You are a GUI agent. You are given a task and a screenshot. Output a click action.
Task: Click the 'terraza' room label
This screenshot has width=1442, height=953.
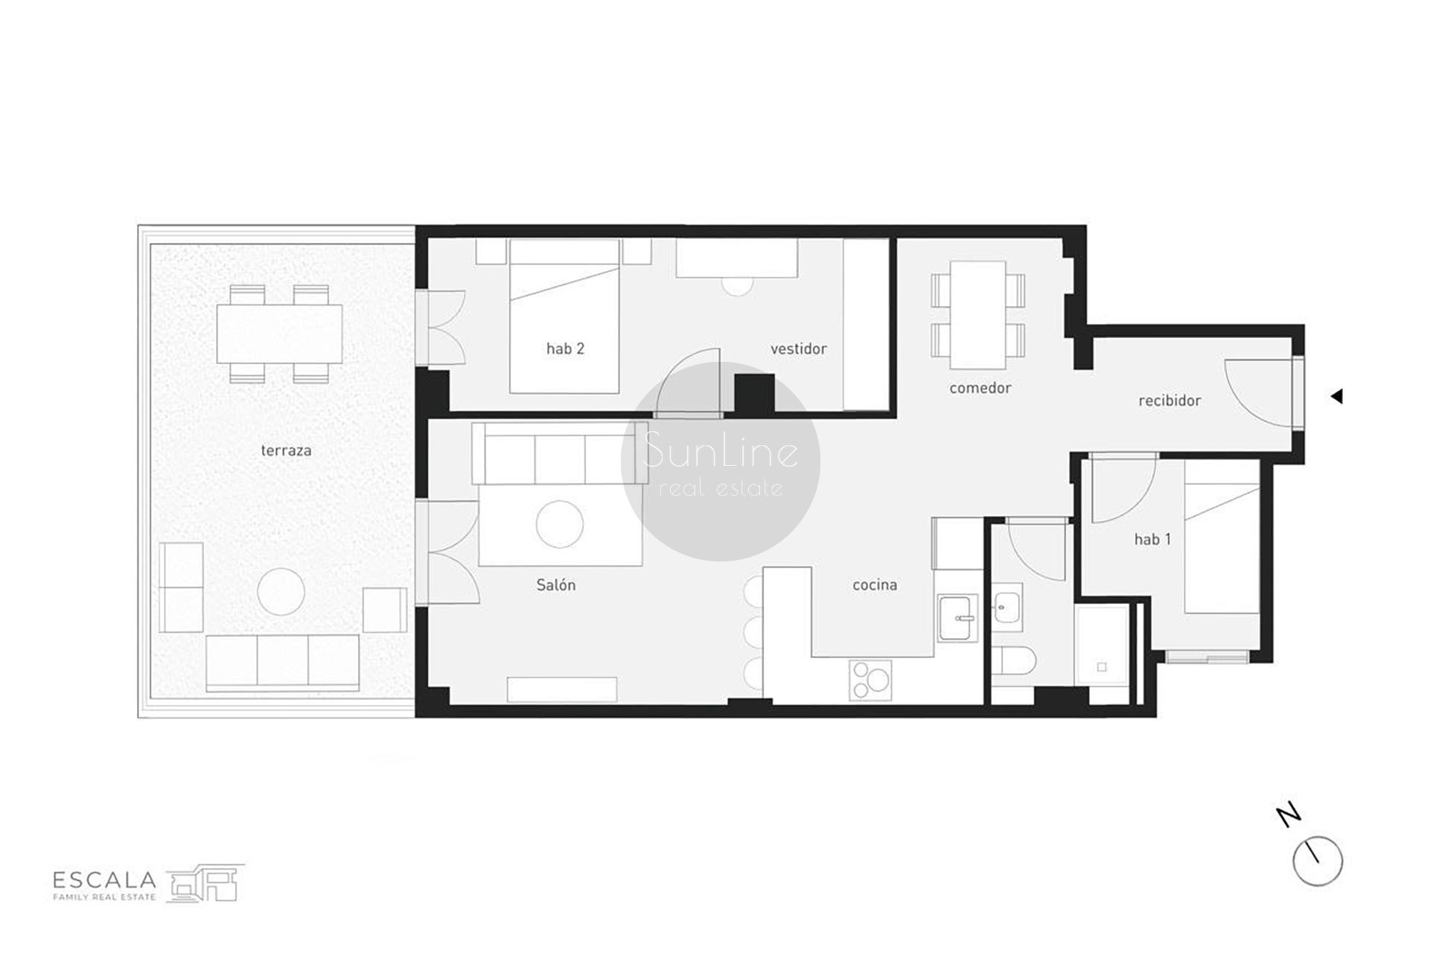click(286, 450)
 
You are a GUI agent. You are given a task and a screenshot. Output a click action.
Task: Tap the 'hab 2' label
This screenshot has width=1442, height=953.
click(565, 348)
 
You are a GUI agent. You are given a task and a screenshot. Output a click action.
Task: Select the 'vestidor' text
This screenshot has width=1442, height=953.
click(798, 348)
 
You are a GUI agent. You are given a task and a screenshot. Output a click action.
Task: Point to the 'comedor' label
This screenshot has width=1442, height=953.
click(980, 388)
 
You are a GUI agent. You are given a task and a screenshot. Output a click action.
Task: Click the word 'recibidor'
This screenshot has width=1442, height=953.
click(1170, 401)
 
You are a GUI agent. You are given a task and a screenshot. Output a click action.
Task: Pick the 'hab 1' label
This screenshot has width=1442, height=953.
click(1152, 539)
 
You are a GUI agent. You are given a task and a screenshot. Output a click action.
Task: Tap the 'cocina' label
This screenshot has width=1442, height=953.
click(875, 585)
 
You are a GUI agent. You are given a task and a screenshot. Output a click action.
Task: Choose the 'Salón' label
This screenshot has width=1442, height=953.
click(556, 585)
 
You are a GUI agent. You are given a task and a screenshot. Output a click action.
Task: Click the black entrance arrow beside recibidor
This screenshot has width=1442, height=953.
click(1336, 397)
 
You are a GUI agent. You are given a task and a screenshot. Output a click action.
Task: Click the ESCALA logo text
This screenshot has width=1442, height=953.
click(104, 880)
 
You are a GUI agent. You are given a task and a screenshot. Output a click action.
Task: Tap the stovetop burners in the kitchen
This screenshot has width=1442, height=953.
click(870, 681)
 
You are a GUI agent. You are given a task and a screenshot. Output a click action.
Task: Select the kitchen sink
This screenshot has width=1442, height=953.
click(958, 617)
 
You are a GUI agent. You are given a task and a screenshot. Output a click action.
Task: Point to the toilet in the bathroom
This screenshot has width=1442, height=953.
click(1012, 660)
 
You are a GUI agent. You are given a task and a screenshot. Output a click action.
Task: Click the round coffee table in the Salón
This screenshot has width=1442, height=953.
click(559, 524)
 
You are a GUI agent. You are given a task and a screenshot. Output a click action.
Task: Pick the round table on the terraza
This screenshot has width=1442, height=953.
click(281, 592)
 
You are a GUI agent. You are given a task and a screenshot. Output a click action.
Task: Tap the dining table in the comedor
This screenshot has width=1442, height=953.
click(978, 314)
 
